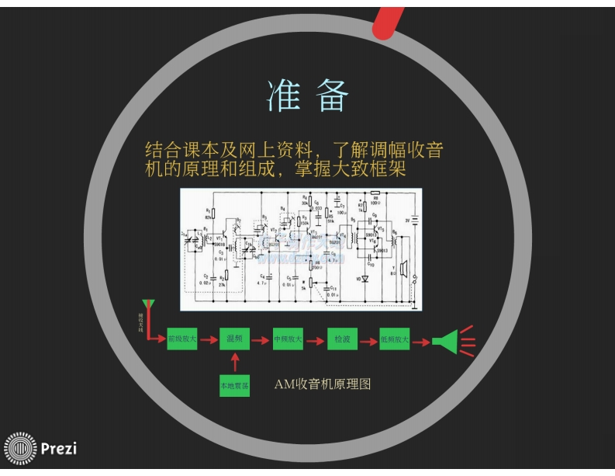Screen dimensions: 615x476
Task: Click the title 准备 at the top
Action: [x=308, y=96]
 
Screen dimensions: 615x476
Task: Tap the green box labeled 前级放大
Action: [x=181, y=339]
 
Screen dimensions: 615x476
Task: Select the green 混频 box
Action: [x=235, y=339]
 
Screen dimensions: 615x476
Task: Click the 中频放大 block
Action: [x=288, y=339]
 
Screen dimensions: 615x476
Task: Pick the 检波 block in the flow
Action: [x=341, y=339]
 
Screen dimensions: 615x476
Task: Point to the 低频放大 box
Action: [x=395, y=339]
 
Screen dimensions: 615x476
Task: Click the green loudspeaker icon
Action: [x=446, y=341]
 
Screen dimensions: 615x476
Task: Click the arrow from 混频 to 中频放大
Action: [x=261, y=339]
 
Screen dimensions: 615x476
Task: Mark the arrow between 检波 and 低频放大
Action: [x=368, y=339]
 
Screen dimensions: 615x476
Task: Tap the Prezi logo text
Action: [x=58, y=447]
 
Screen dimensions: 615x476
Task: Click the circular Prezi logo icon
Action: [x=20, y=448]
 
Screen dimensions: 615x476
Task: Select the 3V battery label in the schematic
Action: [x=406, y=220]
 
